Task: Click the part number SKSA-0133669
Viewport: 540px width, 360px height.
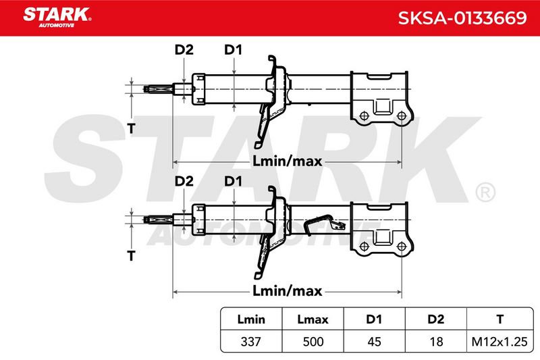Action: (x=462, y=18)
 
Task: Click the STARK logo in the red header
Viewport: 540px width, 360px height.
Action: (x=57, y=18)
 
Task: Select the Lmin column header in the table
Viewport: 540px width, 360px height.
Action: (x=251, y=319)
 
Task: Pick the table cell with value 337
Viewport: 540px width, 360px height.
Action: (x=251, y=342)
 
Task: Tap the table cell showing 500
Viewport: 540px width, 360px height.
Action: (x=313, y=342)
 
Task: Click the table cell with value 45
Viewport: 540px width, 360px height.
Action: (x=374, y=342)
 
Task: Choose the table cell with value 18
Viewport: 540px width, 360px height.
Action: (x=436, y=342)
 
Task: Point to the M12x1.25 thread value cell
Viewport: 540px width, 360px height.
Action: (x=500, y=342)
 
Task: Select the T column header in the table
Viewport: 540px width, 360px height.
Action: (x=500, y=319)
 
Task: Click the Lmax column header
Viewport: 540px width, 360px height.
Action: (x=313, y=319)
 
